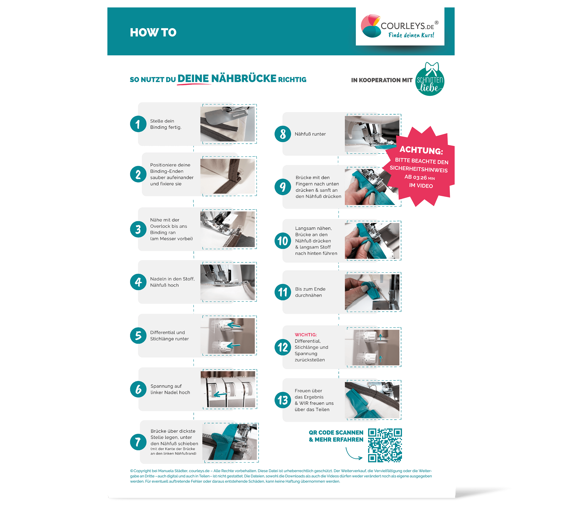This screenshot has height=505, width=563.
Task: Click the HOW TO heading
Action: pos(153,32)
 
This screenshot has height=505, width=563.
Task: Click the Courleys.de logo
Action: pos(400,26)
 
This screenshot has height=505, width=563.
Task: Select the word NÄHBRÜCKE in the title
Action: pos(244,78)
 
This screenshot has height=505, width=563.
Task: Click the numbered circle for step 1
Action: pos(138,124)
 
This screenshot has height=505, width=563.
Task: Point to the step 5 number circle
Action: pos(138,335)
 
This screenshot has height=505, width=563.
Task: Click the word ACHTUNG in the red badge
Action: pos(421,150)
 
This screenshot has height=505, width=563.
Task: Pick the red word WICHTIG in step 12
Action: pos(306,335)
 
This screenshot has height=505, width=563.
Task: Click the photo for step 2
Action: pos(228,176)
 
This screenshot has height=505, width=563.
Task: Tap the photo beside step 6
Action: pos(228,389)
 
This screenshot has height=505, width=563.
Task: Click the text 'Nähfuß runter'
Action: pos(310,134)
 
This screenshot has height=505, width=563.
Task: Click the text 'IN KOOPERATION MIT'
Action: pos(382,80)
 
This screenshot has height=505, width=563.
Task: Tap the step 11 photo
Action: pos(372,292)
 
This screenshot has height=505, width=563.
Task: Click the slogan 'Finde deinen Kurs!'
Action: pos(411,35)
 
